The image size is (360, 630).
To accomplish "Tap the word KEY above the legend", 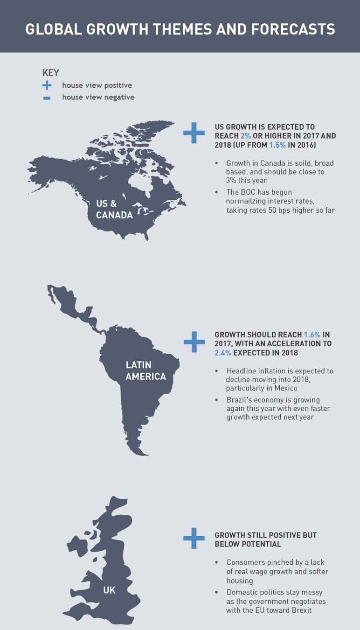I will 51,72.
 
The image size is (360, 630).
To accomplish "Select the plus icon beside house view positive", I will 47,85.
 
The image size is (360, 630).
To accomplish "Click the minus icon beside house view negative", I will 47,98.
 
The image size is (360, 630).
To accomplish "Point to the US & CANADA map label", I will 114,209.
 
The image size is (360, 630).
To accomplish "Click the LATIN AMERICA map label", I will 145,370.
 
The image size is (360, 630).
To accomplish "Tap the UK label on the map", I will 109,590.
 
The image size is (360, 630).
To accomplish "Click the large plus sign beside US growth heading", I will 194,133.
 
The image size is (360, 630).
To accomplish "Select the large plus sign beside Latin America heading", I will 194,342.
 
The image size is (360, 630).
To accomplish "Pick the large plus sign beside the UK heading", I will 194,539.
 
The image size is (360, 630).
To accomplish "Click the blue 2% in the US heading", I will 246,136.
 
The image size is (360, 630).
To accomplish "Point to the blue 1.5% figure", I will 277,145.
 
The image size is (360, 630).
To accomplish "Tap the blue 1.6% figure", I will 312,335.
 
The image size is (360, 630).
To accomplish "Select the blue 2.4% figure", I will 223,353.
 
